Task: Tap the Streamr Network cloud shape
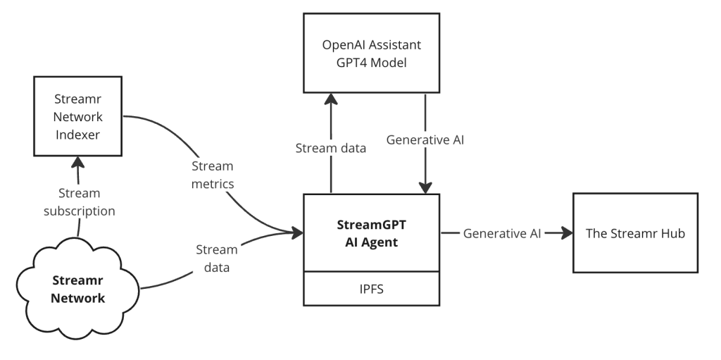tap(78, 289)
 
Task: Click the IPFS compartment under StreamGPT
tap(371, 290)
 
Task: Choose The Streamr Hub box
tap(635, 233)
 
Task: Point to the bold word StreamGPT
tap(371, 226)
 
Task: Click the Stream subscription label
tap(80, 201)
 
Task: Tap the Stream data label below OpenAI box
tap(330, 148)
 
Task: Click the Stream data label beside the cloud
tap(216, 258)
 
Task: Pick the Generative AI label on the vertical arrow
tap(425, 140)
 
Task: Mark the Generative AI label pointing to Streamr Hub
tap(502, 233)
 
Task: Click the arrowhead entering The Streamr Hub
tap(565, 233)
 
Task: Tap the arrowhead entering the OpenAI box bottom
tap(330, 99)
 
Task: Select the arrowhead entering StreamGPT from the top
tap(425, 187)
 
